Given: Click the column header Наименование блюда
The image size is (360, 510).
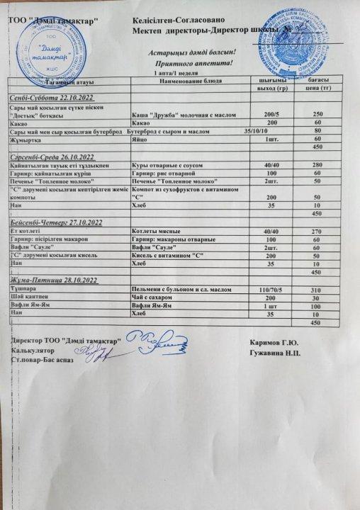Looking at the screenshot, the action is tap(191, 81).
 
